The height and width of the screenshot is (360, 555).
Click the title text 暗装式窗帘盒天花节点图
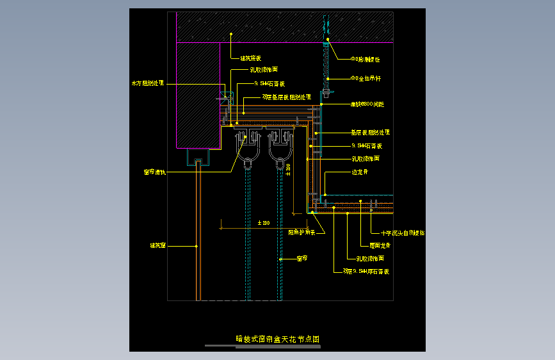pyautogui.click(x=277, y=338)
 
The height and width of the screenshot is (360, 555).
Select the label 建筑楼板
pyautogui.click(x=250, y=58)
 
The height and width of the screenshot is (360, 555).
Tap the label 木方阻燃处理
pyautogui.click(x=148, y=83)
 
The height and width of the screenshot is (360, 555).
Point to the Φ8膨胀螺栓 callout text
pyautogui.click(x=365, y=59)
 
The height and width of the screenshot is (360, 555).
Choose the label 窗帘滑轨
pyautogui.click(x=154, y=172)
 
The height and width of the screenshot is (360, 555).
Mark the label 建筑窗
pyautogui.click(x=158, y=245)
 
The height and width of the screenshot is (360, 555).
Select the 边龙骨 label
pyautogui.click(x=360, y=172)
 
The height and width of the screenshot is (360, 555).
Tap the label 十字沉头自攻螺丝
pyautogui.click(x=403, y=233)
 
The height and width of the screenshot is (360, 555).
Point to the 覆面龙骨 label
pyautogui.click(x=380, y=245)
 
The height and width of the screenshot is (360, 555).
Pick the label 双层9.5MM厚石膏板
pyautogui.click(x=366, y=272)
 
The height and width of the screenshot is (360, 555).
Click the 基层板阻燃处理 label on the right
pyautogui.click(x=369, y=133)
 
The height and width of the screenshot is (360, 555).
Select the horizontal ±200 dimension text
pyautogui.click(x=262, y=222)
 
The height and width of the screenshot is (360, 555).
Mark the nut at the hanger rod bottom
pyautogui.click(x=325, y=95)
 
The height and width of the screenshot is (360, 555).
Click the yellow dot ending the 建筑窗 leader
pyautogui.click(x=196, y=245)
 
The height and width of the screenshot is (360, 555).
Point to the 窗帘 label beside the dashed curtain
pyautogui.click(x=302, y=259)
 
